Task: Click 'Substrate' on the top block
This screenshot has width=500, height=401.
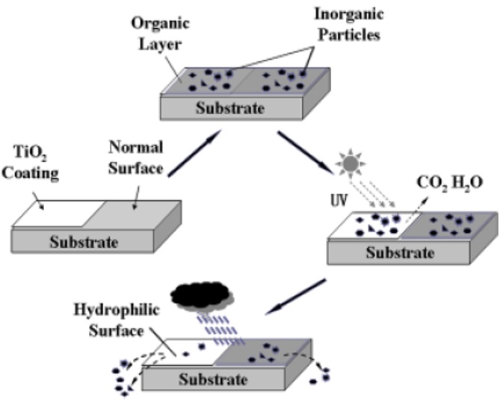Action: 230,109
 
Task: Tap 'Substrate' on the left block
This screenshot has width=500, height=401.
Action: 85,242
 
